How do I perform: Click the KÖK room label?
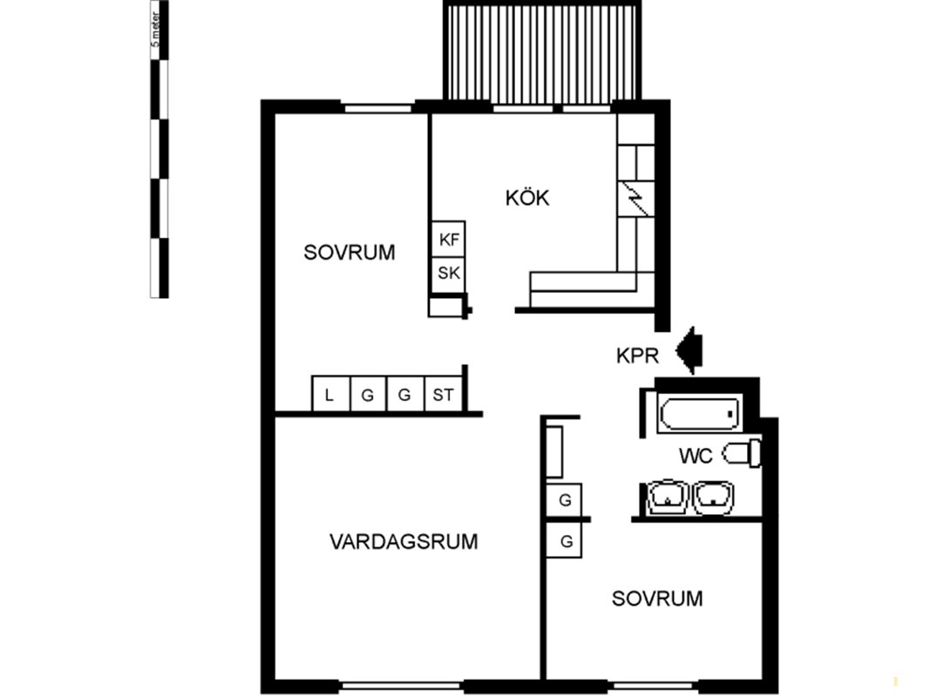[527, 198]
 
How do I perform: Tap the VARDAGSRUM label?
[404, 542]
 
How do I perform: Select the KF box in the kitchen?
[448, 240]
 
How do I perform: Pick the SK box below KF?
[448, 274]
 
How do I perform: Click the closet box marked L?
[331, 394]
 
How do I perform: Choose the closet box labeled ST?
[443, 394]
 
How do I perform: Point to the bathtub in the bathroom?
[699, 413]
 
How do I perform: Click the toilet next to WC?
[742, 453]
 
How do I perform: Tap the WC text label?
[696, 456]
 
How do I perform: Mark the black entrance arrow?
[689, 351]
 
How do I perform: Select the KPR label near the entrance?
[638, 355]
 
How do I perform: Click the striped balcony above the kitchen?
[542, 52]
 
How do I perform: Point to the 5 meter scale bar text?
[155, 30]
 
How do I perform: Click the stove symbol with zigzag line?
[635, 200]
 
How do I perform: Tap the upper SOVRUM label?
[350, 253]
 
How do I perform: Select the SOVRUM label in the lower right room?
[657, 599]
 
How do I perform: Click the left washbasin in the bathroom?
[668, 496]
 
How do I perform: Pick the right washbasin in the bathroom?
[714, 496]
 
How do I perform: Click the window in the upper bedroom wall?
[378, 108]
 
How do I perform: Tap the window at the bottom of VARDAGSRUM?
[402, 686]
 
